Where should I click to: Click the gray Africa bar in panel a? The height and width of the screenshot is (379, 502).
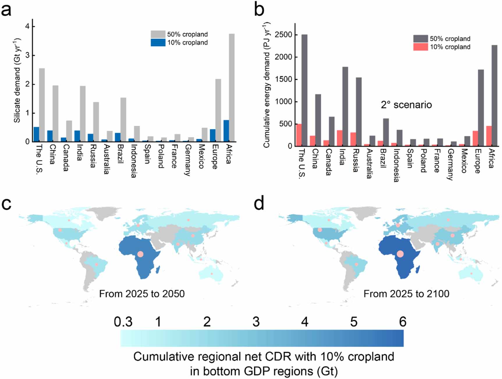point(232,87)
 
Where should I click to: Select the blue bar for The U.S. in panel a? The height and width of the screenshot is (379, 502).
point(36,134)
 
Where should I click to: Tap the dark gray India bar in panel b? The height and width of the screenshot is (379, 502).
point(345,106)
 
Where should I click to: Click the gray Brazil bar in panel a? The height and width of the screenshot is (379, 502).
point(123,119)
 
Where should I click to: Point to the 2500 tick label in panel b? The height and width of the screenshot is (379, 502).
point(283,35)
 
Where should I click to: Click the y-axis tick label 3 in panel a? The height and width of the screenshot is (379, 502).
point(28,55)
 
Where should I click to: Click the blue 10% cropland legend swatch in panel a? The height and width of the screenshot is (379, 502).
point(158,43)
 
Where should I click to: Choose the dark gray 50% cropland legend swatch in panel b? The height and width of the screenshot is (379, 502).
point(421,39)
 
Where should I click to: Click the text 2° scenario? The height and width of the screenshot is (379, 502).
point(406,105)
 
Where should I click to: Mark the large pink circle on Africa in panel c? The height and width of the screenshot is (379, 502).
point(141,254)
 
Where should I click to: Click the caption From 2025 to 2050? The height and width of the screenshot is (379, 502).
point(142,294)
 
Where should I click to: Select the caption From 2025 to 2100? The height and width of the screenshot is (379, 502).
point(406,294)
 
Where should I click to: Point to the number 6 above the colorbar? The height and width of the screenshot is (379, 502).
point(402,322)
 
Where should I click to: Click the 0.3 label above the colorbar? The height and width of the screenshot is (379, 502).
point(123,322)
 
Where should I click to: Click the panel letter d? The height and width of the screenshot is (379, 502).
point(259,203)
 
